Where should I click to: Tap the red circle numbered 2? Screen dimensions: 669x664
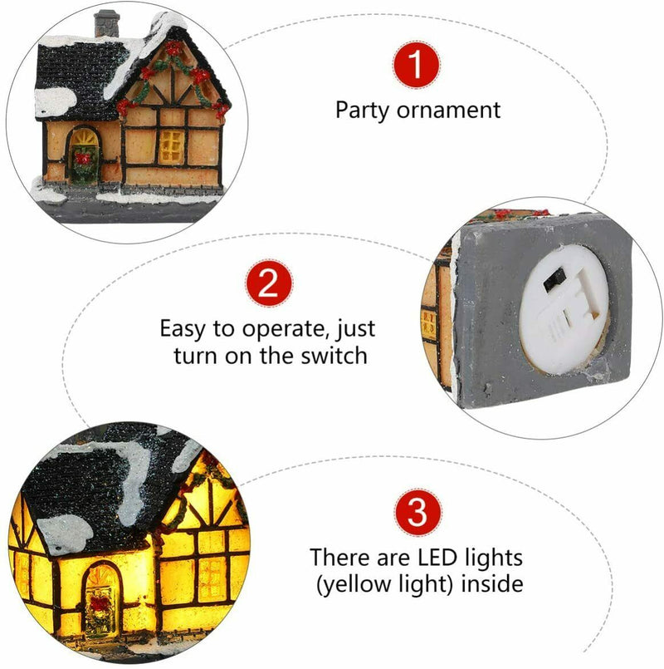(267, 286)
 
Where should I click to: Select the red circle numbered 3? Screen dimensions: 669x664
(417, 514)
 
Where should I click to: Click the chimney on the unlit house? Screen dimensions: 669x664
(106, 23)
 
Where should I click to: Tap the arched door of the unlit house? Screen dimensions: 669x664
(82, 155)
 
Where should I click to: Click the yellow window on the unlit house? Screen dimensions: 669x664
(170, 145)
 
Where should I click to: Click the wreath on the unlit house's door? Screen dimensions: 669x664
(82, 157)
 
